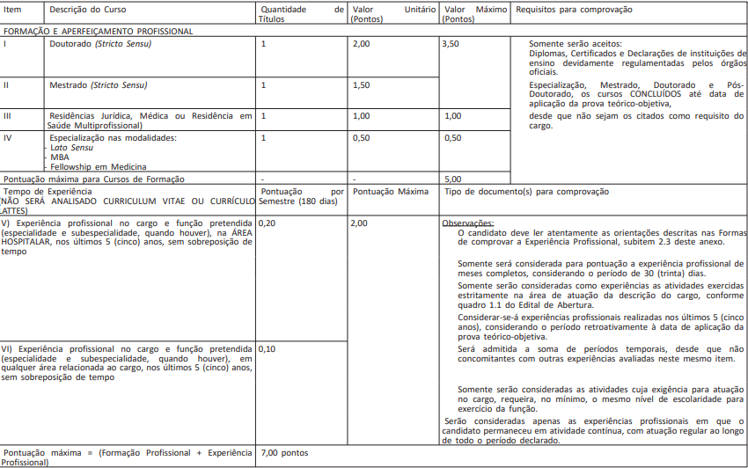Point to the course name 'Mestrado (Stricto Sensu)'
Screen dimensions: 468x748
click(98, 84)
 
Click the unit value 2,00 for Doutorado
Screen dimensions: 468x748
click(361, 43)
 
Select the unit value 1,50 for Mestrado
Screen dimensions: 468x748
click(361, 84)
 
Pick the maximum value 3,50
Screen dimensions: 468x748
click(452, 43)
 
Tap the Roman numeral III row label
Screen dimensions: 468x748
click(8, 115)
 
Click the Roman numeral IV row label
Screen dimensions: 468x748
click(8, 137)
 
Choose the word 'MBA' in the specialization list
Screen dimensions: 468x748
click(59, 157)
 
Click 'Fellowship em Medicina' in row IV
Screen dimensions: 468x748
click(98, 166)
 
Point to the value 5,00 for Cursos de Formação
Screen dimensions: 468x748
click(453, 179)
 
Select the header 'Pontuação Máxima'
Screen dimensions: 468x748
click(391, 191)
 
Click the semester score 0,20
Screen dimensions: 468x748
click(268, 223)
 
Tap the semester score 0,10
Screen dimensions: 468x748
click(268, 348)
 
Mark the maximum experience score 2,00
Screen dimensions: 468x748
click(359, 223)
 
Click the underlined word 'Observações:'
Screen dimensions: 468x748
click(468, 223)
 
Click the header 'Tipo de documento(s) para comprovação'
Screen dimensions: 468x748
click(526, 191)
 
